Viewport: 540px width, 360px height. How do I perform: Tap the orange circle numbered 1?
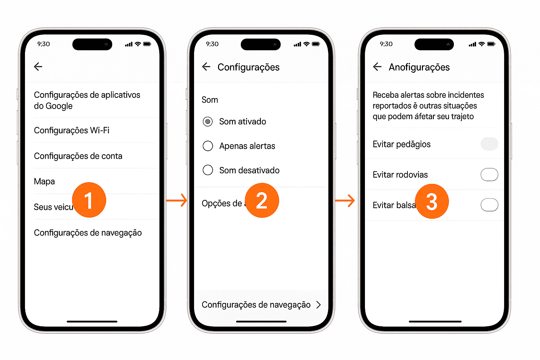click(x=89, y=200)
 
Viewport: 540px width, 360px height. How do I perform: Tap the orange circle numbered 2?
click(x=262, y=200)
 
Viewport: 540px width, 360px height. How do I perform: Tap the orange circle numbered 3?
click(x=431, y=201)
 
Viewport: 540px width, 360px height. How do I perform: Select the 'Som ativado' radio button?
click(x=208, y=122)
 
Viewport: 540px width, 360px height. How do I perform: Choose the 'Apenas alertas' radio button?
click(x=208, y=146)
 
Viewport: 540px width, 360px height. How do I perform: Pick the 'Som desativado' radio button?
click(x=208, y=170)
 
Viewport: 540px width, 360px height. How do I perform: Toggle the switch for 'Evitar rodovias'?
click(x=489, y=174)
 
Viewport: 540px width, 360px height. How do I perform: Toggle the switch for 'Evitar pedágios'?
click(x=489, y=144)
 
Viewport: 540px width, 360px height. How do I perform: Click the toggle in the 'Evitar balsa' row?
click(x=489, y=205)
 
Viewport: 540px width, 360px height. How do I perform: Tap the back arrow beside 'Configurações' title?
click(x=206, y=67)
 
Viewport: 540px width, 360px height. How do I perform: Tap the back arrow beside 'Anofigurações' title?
click(x=377, y=67)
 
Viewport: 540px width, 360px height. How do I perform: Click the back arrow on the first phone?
click(x=38, y=66)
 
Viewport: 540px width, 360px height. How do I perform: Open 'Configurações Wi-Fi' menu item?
click(x=72, y=130)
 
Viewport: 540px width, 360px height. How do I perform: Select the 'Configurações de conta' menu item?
click(x=78, y=156)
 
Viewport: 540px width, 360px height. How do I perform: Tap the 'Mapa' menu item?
click(x=44, y=181)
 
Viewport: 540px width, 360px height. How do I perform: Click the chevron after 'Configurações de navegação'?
click(x=319, y=305)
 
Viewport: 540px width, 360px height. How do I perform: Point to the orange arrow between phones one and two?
click(x=176, y=200)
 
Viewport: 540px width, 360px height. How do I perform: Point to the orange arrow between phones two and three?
click(x=345, y=200)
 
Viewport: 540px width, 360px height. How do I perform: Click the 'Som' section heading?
click(x=210, y=100)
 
